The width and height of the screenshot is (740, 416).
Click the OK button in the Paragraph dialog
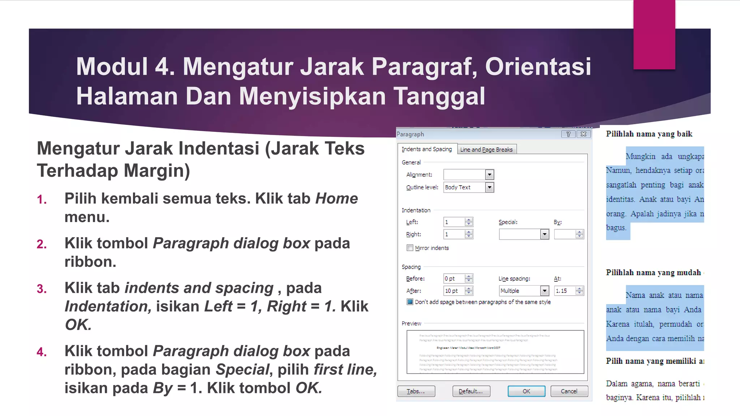526,391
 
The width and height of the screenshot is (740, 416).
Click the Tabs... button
416,391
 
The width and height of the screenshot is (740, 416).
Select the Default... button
471,391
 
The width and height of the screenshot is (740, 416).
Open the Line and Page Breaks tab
486,149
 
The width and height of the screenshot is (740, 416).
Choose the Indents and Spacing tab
427,149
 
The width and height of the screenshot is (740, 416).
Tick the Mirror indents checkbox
410,248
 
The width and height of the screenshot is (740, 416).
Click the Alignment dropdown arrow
490,175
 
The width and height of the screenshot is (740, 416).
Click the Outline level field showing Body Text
464,187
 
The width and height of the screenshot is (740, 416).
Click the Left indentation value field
454,222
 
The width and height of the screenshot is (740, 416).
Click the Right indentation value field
454,234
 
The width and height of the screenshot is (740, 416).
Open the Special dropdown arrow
545,234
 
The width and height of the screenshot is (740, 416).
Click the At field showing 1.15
564,291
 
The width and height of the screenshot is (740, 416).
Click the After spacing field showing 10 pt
454,291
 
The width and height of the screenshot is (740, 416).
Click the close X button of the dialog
584,134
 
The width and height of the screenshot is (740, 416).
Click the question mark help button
568,134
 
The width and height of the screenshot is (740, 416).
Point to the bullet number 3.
42,289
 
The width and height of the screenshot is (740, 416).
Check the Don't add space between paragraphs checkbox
410,302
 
